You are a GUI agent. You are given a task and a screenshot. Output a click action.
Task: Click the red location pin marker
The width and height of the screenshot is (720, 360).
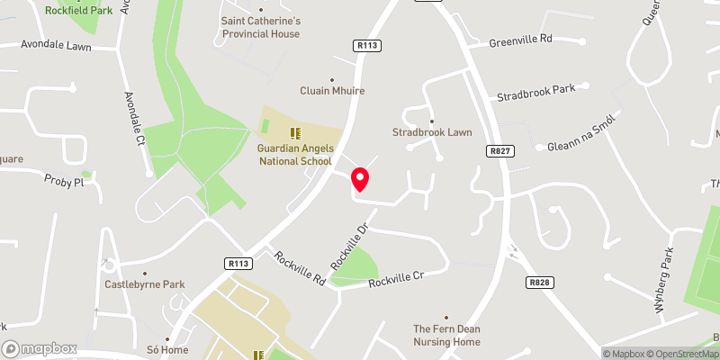360,179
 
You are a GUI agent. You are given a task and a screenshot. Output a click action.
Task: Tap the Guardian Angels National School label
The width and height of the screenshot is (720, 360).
295,155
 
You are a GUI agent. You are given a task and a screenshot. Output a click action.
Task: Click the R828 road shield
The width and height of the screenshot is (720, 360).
539,282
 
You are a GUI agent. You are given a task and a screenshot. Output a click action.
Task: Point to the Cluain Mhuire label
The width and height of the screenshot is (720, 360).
332,91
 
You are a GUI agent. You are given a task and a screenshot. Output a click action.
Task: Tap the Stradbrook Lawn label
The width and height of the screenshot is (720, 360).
432,132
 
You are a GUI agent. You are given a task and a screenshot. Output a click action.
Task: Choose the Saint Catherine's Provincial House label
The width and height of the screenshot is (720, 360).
261,27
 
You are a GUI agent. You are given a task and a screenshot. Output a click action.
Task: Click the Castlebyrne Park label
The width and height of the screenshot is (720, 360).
144,284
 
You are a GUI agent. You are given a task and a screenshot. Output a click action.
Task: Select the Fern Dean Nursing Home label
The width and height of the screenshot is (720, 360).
447,335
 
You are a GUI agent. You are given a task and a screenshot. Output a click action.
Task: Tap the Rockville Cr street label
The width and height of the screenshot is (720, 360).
397,279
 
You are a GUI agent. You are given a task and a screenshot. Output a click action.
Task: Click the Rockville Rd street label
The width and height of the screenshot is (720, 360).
301,269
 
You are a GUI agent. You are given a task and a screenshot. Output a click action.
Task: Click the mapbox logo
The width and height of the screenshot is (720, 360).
40,348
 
